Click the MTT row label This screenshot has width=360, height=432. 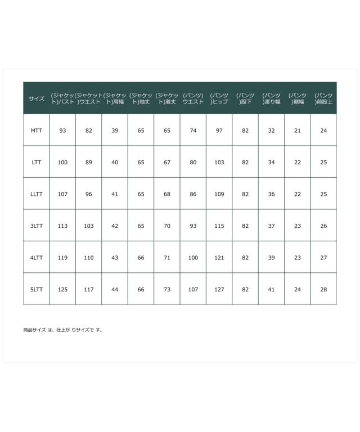37,130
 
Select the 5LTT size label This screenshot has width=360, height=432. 37,290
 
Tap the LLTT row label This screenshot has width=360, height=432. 37,194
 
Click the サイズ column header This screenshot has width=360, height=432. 37,98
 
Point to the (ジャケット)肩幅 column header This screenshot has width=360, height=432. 115,98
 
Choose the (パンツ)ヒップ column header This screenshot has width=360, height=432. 219,98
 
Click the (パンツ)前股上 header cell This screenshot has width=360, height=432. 323,98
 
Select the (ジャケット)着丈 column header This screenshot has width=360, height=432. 167,98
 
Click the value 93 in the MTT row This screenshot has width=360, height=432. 62,130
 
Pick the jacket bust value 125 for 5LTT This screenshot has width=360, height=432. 62,290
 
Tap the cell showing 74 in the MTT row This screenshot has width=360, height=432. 193,130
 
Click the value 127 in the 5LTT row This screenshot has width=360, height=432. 219,290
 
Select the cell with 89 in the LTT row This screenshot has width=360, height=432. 89,163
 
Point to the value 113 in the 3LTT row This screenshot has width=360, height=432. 62,226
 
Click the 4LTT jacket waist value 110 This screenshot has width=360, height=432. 89,258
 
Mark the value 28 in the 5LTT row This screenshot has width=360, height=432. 323,290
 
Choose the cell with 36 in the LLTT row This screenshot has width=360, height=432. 272,194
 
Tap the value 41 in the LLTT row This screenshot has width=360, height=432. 115,194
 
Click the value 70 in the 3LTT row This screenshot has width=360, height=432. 167,226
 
